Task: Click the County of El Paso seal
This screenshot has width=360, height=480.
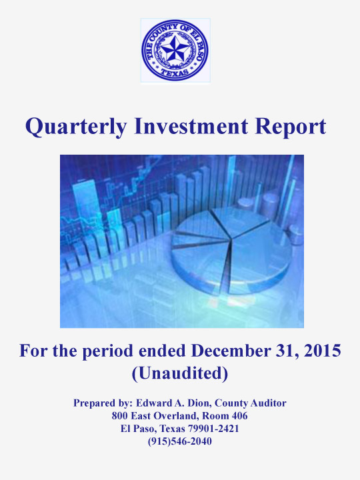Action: [175, 50]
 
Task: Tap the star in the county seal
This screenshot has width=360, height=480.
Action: [175, 49]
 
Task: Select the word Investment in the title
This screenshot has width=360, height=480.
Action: [191, 126]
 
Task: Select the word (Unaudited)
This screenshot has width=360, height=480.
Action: [180, 373]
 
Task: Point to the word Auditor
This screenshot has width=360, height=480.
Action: [268, 403]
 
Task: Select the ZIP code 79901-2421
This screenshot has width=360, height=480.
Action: [213, 429]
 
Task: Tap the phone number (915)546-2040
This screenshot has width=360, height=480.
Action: [180, 441]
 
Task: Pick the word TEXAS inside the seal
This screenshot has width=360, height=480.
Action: [175, 73]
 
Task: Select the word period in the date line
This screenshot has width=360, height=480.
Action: [108, 351]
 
